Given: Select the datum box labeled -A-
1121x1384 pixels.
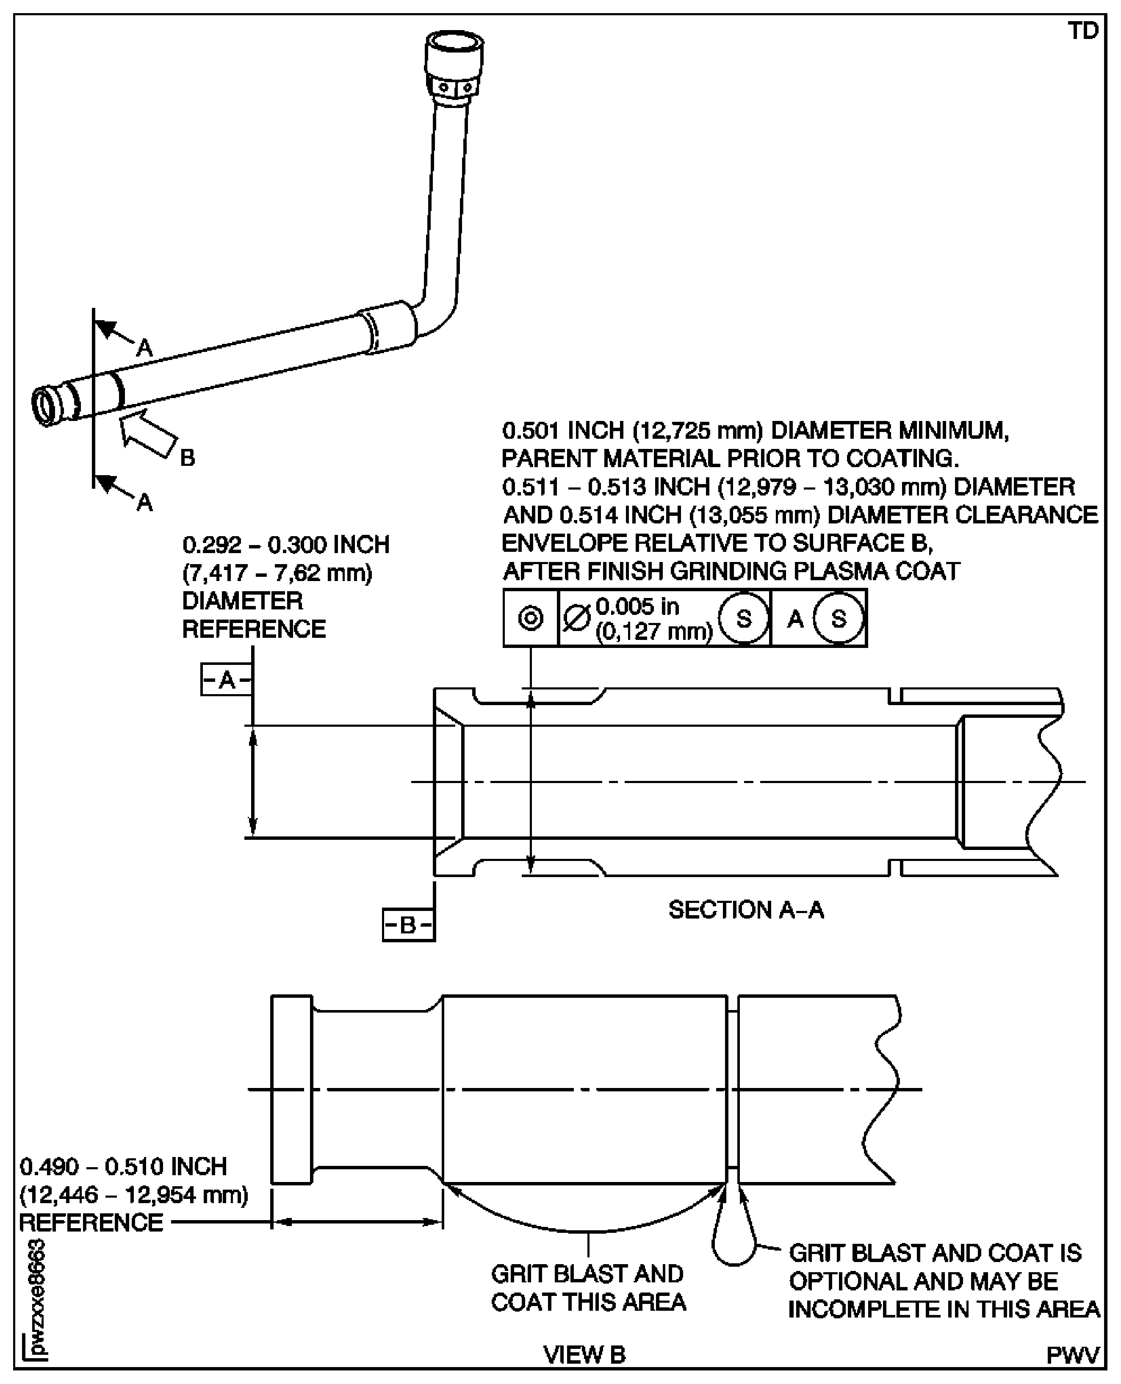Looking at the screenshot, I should pos(226,679).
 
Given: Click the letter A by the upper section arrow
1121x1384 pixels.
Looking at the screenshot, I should pos(145,348).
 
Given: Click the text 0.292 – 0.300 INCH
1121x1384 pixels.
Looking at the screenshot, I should pos(286,545).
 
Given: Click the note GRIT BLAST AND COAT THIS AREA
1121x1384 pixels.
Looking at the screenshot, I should pos(588,1288).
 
